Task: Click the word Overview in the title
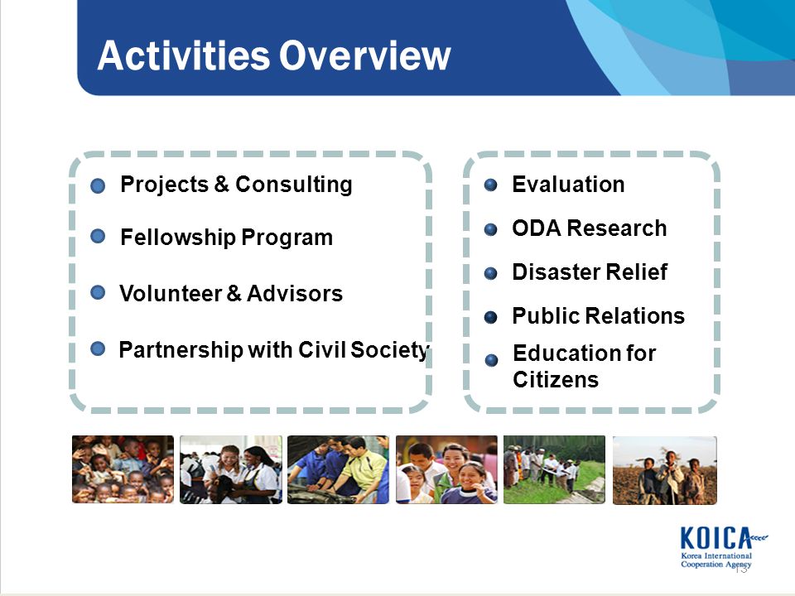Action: coord(364,55)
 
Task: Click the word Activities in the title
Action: coord(184,55)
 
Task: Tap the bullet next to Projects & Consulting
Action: coord(98,185)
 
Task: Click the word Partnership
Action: coord(181,350)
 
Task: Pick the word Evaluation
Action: coord(568,184)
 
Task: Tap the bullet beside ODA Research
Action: coord(490,229)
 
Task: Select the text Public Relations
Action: coord(598,315)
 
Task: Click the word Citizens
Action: coord(556,380)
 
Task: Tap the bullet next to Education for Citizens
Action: coord(491,360)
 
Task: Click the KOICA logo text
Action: coord(715,538)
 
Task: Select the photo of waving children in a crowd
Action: coord(123,469)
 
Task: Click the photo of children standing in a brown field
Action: coord(665,470)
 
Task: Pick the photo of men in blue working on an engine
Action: coord(338,469)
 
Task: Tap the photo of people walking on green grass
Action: coord(554,469)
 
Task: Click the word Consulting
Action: coord(293,185)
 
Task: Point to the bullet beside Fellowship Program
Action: coord(98,236)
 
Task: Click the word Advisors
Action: coord(295,293)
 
